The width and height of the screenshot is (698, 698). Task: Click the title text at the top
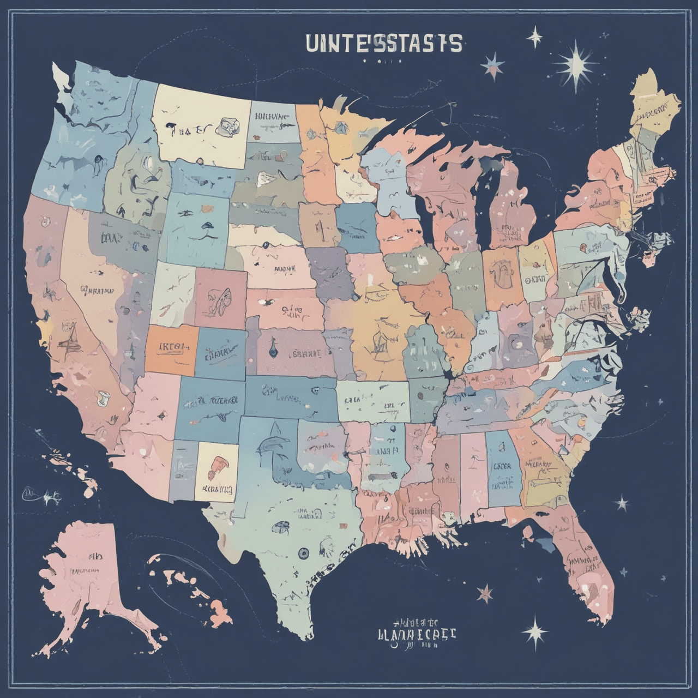point(384,44)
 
